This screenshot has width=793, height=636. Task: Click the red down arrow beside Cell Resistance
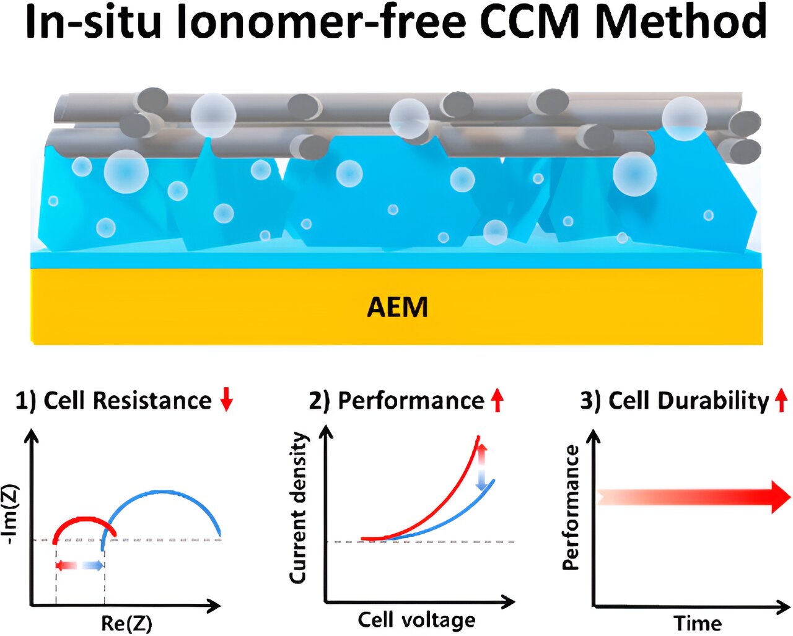pos(226,401)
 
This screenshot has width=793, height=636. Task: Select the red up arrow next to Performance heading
pos(497,401)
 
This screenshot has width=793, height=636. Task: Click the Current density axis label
pos(298,508)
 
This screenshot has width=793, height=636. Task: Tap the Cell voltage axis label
pos(417,620)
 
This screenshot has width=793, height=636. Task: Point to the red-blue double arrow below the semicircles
pos(79,565)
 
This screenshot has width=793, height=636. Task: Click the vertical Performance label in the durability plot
pos(570,508)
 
